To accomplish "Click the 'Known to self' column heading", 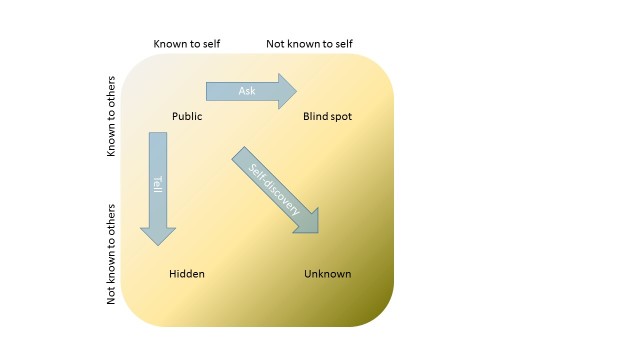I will (x=186, y=44).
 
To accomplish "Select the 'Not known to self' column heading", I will (x=309, y=44).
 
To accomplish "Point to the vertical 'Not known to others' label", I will (x=112, y=254).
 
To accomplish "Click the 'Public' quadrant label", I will (x=187, y=117).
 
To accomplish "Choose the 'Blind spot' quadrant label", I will (x=327, y=117).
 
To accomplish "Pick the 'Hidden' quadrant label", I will (x=187, y=274).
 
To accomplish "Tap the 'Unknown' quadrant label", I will (x=327, y=274).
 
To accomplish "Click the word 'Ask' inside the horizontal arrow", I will (x=247, y=91).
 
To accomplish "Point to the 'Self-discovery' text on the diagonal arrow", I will (x=273, y=188).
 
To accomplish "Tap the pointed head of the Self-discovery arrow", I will (x=311, y=226).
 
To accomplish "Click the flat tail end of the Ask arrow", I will (x=208, y=91).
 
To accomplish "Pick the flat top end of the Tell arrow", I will (x=157, y=135).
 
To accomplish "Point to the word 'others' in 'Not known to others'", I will (x=112, y=222).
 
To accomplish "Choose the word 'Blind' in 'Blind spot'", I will (x=315, y=117).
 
